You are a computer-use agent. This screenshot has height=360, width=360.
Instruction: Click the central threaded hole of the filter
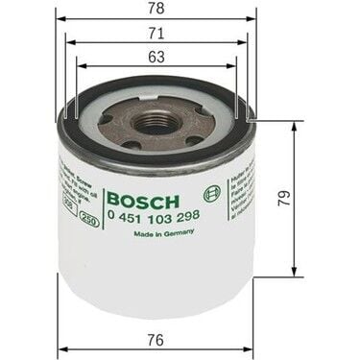click(x=155, y=123)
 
